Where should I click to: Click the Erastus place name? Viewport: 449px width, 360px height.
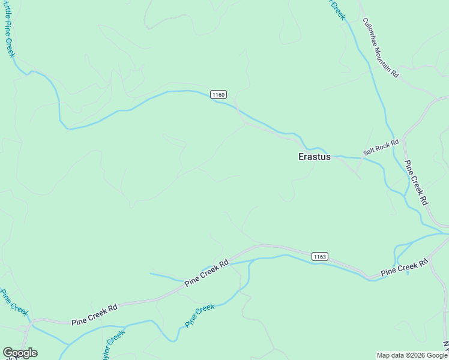pyautogui.click(x=315, y=157)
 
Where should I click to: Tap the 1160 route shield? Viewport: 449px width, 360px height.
pyautogui.click(x=218, y=94)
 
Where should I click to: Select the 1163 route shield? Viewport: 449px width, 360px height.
pyautogui.click(x=319, y=256)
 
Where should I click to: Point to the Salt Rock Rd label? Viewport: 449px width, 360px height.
pyautogui.click(x=381, y=148)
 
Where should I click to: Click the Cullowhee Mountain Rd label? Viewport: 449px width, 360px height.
pyautogui.click(x=381, y=47)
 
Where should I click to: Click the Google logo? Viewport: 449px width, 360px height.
pyautogui.click(x=20, y=353)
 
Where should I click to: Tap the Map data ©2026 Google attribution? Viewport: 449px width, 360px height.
pyautogui.click(x=411, y=355)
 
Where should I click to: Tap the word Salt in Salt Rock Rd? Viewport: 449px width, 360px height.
pyautogui.click(x=369, y=152)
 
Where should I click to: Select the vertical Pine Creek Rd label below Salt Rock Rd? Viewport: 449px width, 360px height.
pyautogui.click(x=415, y=183)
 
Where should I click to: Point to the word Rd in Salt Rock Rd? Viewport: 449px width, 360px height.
pyautogui.click(x=394, y=143)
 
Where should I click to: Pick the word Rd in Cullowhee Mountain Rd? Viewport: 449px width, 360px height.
pyautogui.click(x=394, y=73)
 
